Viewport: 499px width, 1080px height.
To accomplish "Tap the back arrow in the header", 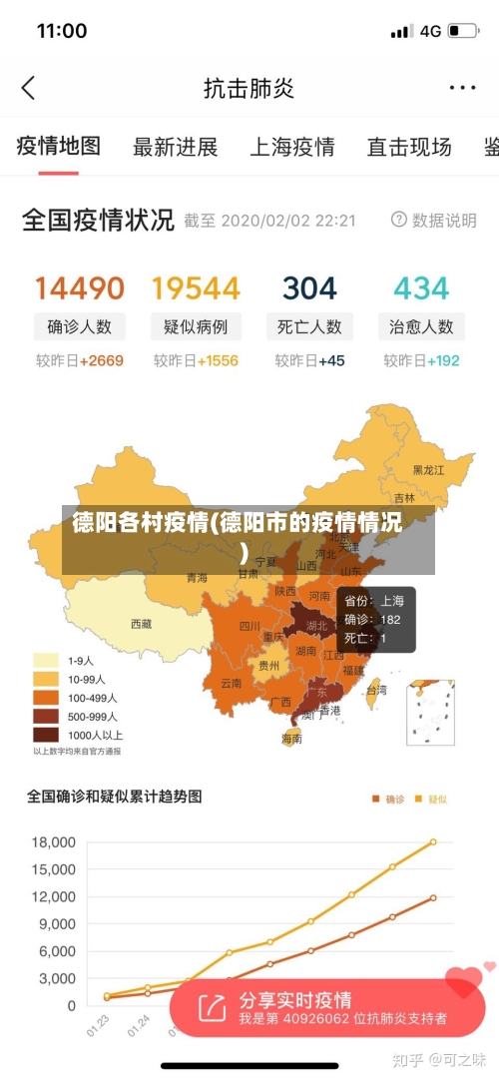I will [x=28, y=88].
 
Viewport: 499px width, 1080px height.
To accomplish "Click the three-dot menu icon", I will [x=462, y=88].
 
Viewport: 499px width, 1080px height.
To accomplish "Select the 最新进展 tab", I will [x=175, y=148].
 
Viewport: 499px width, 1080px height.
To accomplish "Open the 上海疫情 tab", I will [x=291, y=148].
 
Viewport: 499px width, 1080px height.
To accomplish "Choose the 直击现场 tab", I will [x=409, y=148].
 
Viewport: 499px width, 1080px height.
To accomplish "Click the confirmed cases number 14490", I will [x=80, y=288].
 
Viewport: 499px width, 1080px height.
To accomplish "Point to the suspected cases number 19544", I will [x=196, y=288].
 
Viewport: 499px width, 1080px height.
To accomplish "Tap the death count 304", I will [x=309, y=288].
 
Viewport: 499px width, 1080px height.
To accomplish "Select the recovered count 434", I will [x=421, y=288].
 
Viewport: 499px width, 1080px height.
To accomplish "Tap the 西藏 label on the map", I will [x=141, y=624].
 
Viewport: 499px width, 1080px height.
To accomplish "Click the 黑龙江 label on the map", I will [x=430, y=469].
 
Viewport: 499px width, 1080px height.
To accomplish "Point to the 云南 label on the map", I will [x=231, y=684].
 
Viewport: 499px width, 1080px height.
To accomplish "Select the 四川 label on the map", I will [x=249, y=627].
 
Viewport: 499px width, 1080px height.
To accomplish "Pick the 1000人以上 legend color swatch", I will [x=47, y=735].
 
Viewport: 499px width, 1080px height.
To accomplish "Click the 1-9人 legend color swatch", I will [x=47, y=660].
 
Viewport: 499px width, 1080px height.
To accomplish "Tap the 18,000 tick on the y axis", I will [x=53, y=842].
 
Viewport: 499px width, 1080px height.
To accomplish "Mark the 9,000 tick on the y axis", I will [x=56, y=924].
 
